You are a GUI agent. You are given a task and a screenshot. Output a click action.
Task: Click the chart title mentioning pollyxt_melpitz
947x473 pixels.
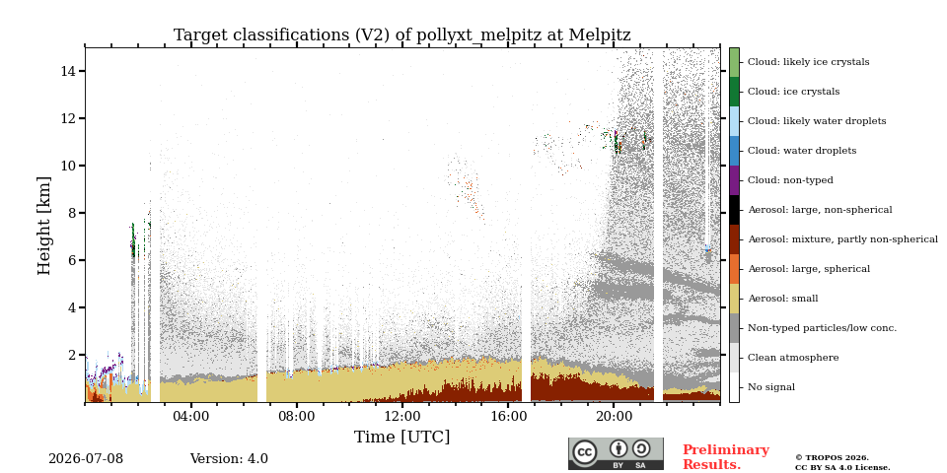coord(402,35)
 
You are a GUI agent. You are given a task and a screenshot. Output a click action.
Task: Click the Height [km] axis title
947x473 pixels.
coord(44,226)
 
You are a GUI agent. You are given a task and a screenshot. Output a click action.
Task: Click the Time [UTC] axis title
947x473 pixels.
coord(402,437)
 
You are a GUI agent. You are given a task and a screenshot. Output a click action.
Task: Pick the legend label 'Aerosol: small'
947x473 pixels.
coord(782,299)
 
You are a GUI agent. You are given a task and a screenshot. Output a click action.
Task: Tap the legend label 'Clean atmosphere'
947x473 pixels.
coord(793,358)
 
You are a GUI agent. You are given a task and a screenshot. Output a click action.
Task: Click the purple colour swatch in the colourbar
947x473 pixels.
coord(734,180)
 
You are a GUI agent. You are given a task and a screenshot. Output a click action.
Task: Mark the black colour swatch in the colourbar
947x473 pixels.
coord(734,210)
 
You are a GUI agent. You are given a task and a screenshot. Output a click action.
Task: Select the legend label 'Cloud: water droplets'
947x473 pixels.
coord(802,151)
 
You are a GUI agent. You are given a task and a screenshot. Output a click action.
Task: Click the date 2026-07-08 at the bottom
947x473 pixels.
coord(86,459)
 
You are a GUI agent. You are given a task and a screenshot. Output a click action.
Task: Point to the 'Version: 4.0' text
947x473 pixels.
coord(229,459)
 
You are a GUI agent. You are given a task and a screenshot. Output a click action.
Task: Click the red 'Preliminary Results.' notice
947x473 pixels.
coord(726,457)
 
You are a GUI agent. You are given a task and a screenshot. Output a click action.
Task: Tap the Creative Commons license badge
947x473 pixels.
coord(616,453)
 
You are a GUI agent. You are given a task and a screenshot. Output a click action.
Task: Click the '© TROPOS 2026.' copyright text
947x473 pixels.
coord(832,458)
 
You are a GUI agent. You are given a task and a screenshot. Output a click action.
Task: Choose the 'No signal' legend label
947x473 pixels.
coord(771,387)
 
